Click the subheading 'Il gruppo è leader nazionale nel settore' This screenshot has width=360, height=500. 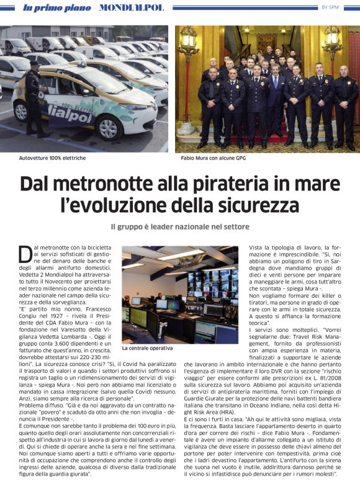[179, 227]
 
